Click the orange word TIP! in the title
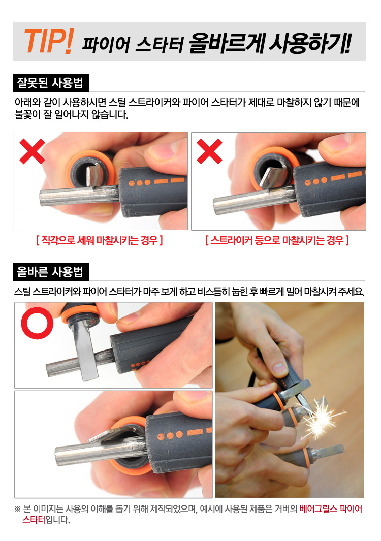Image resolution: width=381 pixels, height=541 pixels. click(x=49, y=41)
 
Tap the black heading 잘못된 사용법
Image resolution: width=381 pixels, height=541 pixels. click(x=50, y=83)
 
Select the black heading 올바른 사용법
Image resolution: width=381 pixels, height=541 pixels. click(x=50, y=272)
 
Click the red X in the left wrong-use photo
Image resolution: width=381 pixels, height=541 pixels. click(x=32, y=151)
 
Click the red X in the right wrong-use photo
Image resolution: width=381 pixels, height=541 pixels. click(x=209, y=151)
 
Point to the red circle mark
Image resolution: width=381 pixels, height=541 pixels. click(x=37, y=323)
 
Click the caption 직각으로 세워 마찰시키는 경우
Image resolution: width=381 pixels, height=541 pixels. click(x=100, y=240)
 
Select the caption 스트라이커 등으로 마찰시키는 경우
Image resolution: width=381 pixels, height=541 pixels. click(x=277, y=240)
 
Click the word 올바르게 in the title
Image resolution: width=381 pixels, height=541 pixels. click(x=227, y=44)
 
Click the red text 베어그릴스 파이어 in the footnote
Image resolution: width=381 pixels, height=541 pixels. click(x=331, y=509)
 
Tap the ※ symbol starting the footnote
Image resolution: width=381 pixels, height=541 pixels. click(x=18, y=510)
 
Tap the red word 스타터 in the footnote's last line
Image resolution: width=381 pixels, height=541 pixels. click(x=34, y=520)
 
